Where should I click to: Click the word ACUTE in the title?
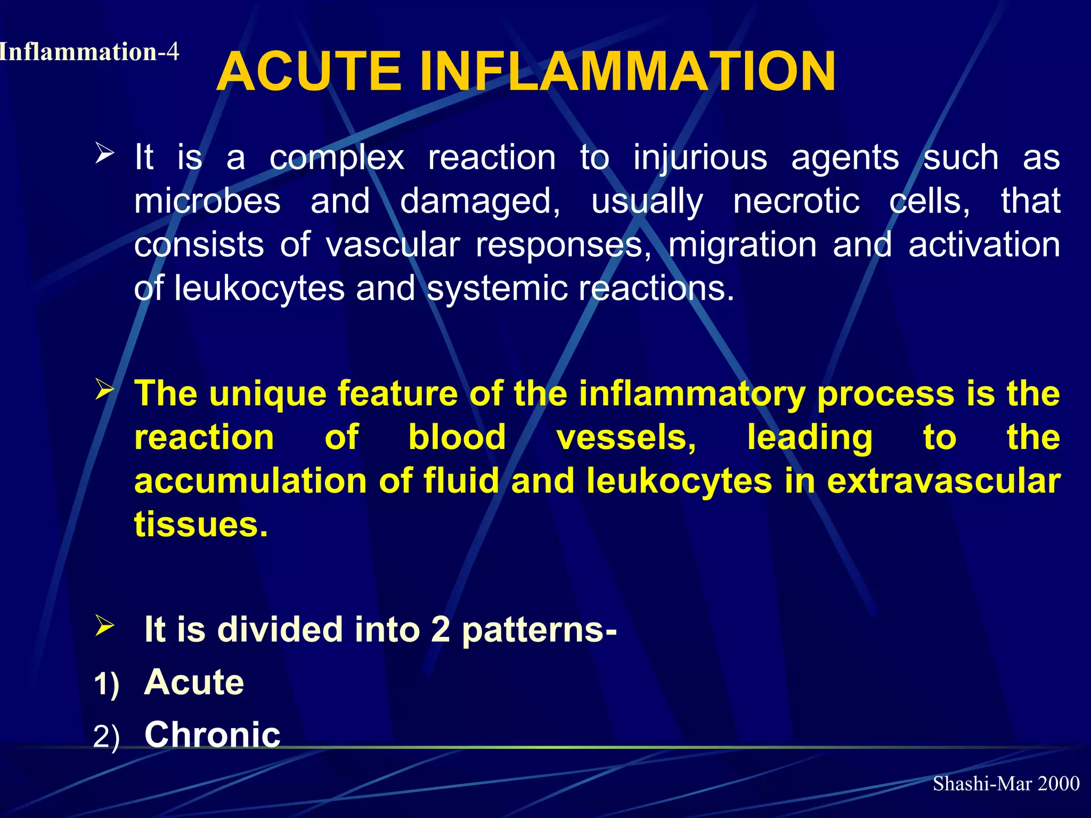click(309, 72)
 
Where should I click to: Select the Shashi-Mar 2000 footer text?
click(1006, 783)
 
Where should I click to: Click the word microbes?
click(207, 201)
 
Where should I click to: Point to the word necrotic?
click(796, 201)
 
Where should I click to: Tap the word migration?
click(742, 245)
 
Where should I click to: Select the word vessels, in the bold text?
click(626, 438)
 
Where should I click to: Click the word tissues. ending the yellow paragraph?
click(201, 525)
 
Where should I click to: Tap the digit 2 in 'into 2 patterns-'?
click(440, 630)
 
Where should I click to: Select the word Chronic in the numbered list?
click(212, 735)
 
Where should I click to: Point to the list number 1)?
click(107, 684)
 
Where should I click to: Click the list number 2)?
click(107, 737)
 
